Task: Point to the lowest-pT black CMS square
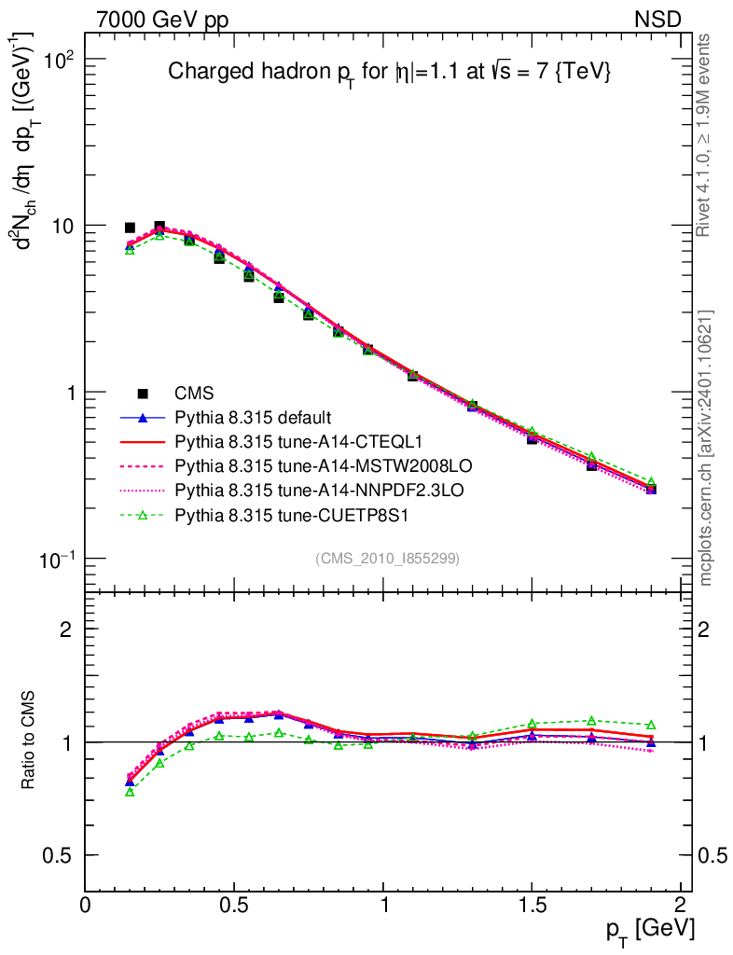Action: point(130,228)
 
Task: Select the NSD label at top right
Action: point(658,19)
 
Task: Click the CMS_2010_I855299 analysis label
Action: point(387,558)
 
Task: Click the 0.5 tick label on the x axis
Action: point(234,905)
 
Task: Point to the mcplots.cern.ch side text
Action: point(706,448)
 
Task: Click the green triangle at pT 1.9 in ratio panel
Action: point(651,725)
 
